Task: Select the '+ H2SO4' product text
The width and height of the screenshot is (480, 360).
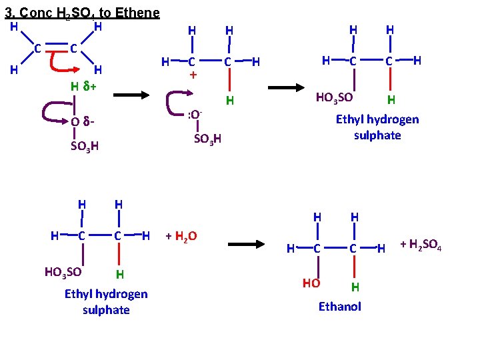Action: point(421,246)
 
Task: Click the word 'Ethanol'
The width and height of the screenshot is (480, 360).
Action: point(340,306)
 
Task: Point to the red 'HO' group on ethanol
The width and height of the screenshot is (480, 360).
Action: point(311,283)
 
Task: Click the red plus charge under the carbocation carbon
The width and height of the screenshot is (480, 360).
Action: point(193,75)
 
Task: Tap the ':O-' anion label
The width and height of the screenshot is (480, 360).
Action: point(195,114)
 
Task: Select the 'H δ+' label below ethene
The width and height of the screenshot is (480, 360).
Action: point(83,86)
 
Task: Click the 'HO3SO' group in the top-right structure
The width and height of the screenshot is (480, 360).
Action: point(333,98)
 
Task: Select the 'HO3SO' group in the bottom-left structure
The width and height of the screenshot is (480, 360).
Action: point(63,272)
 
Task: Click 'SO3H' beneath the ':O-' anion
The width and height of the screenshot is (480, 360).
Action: point(207,139)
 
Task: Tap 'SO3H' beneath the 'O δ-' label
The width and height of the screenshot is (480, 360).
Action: point(85,147)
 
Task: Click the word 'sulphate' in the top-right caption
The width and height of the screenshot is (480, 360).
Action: point(377,135)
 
